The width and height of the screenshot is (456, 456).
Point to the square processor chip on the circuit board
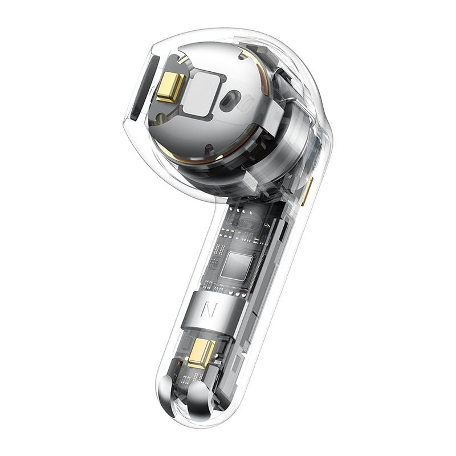[x=236, y=266]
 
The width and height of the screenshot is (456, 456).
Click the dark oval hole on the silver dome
[x=230, y=99]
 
